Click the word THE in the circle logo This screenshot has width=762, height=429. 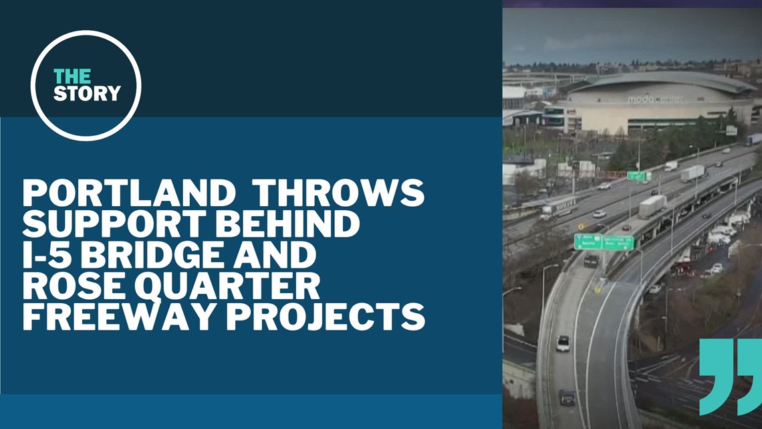(x=72, y=76)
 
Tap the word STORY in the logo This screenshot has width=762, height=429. (x=88, y=92)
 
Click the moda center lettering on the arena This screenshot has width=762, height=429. (x=654, y=99)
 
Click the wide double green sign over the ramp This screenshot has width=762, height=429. (x=604, y=242)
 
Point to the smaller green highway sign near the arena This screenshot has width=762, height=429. (x=638, y=176)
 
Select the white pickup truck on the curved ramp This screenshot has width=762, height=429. (x=563, y=343)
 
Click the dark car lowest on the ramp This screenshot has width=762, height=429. (x=567, y=398)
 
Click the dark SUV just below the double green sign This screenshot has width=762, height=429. (x=591, y=261)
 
